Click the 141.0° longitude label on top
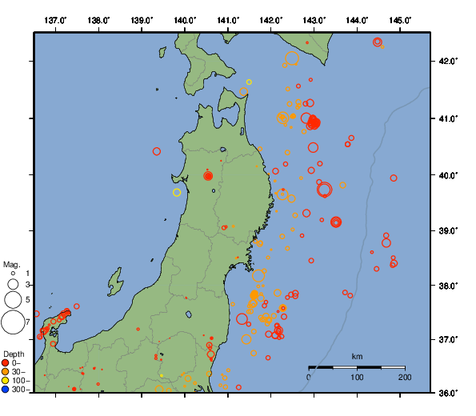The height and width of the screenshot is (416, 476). (x=228, y=19)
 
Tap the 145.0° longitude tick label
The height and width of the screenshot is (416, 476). (x=401, y=19)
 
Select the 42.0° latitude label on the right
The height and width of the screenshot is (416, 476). (x=445, y=62)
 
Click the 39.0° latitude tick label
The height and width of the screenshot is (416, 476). (x=445, y=230)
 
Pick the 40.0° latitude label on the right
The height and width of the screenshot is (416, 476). (x=445, y=174)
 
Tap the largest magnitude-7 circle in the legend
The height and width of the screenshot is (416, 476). (x=13, y=322)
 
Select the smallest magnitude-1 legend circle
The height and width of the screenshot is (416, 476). (x=13, y=274)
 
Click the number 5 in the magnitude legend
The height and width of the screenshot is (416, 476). (x=28, y=300)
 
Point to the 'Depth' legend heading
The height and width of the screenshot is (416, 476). (x=14, y=354)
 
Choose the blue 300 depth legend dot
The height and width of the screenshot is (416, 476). (x=6, y=390)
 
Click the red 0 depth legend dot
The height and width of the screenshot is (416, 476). (x=6, y=363)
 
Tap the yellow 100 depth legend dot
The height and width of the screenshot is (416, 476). (x=6, y=381)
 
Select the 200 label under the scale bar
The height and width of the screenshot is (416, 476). (x=404, y=378)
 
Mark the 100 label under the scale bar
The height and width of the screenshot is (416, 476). (x=357, y=378)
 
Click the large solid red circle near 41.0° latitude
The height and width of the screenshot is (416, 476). (x=314, y=122)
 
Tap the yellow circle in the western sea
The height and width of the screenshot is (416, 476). (x=177, y=192)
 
